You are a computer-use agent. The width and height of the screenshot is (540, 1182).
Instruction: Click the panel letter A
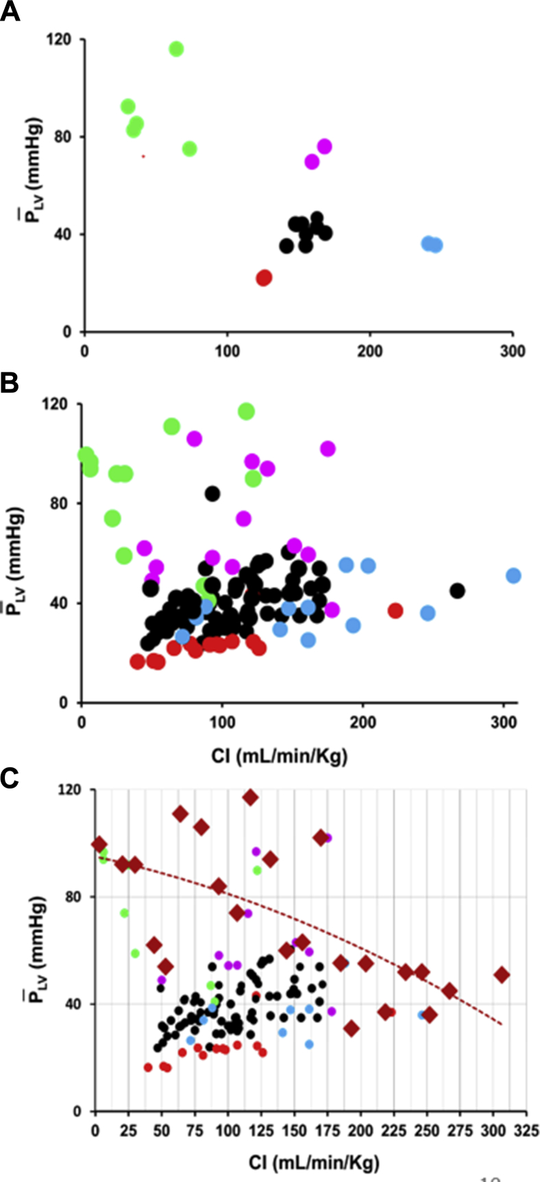click(10, 12)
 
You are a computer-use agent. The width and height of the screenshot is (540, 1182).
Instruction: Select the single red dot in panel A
click(264, 278)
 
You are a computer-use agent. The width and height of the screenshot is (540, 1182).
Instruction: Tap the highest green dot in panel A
click(176, 49)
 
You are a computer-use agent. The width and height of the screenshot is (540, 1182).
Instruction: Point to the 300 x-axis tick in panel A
click(513, 352)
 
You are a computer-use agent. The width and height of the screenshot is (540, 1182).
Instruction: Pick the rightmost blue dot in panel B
click(513, 575)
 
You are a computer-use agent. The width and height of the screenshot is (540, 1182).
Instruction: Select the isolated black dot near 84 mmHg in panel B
click(212, 494)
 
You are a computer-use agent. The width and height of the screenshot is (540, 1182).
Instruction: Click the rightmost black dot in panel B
click(457, 590)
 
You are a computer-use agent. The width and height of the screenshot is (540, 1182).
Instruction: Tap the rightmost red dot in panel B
click(395, 610)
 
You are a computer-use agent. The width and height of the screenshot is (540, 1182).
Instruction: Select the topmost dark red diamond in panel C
click(250, 797)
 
